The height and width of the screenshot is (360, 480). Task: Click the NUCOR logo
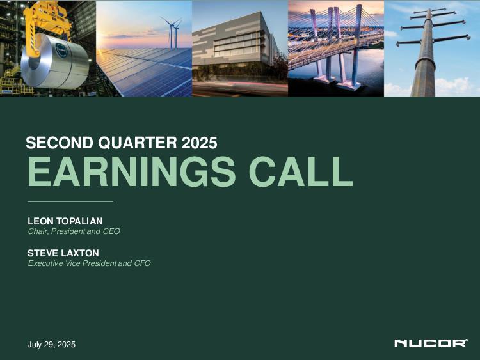[431, 343]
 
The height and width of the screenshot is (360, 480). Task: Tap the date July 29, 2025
[51, 345]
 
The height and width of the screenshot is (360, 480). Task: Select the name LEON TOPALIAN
[65, 221]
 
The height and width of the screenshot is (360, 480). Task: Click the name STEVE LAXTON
[63, 253]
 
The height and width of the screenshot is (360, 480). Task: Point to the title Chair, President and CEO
[74, 231]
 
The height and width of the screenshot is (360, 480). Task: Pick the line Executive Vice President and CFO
[89, 263]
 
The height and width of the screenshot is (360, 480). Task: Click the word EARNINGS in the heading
[132, 171]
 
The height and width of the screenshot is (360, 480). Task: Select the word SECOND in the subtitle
[60, 143]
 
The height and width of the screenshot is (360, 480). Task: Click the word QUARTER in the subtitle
[138, 143]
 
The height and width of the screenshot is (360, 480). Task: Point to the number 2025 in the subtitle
[200, 143]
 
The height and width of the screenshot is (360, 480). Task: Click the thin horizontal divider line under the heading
[70, 201]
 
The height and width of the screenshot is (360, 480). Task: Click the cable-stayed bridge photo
[336, 49]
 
